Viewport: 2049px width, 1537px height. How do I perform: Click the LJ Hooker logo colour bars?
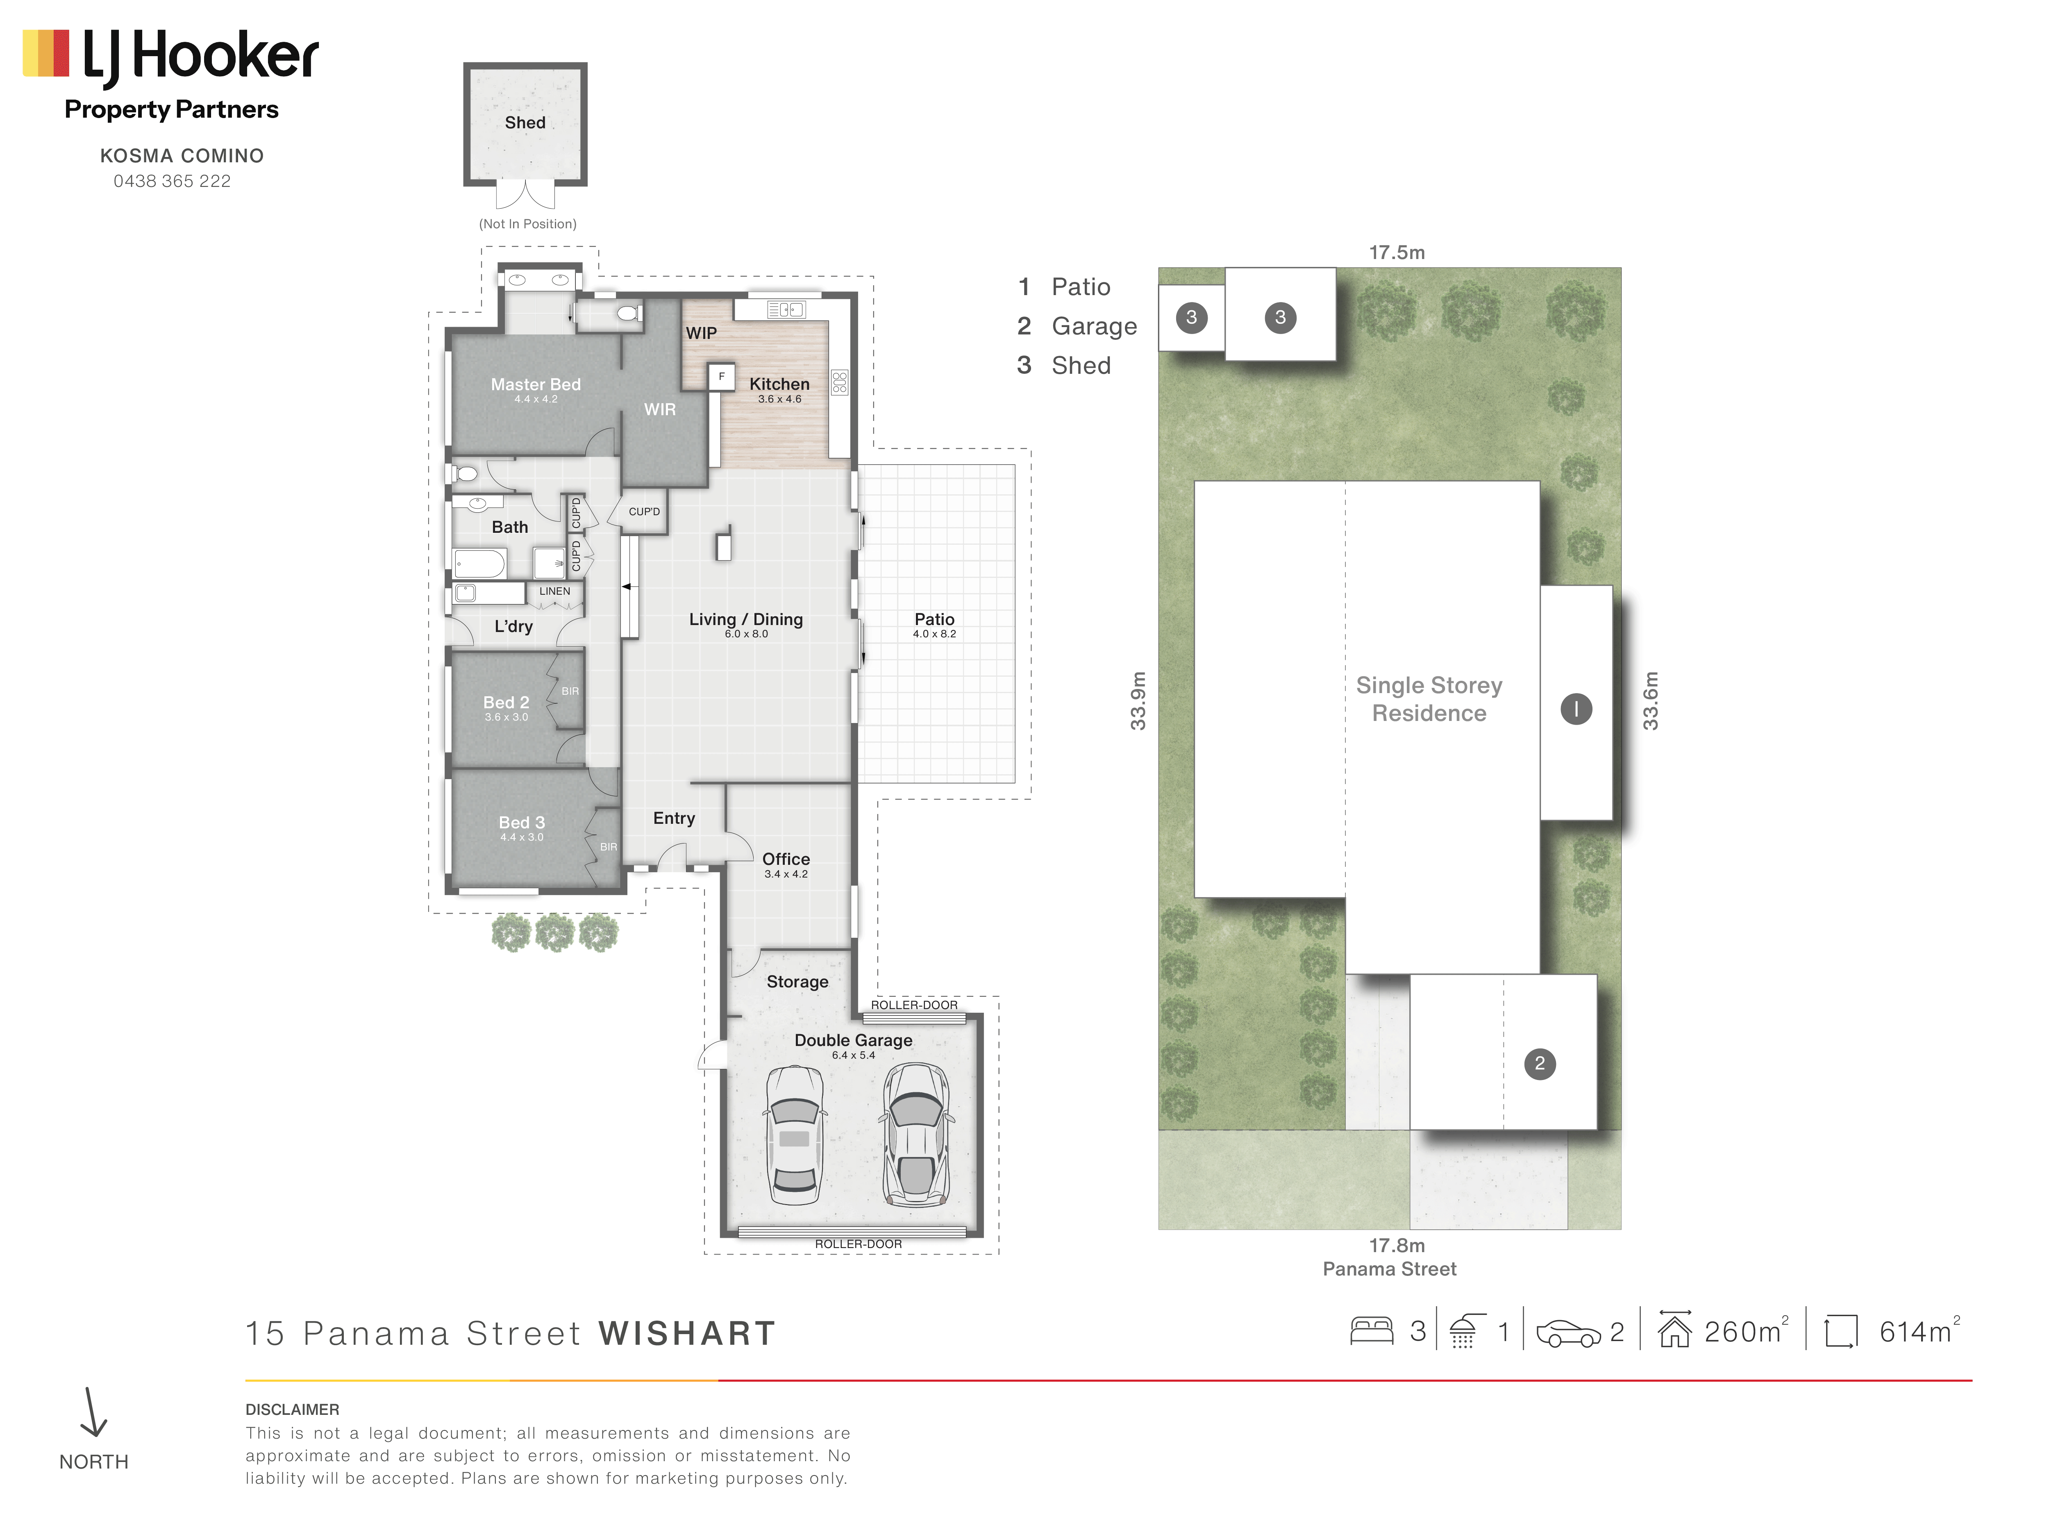(x=46, y=53)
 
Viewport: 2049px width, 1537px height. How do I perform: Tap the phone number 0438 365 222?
(x=172, y=182)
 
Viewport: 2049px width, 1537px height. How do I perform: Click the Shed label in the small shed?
(x=525, y=122)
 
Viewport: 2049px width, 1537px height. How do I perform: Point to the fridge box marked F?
(x=722, y=377)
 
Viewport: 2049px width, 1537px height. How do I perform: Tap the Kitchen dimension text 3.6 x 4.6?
(x=780, y=399)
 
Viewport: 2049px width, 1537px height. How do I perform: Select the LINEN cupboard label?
(x=555, y=591)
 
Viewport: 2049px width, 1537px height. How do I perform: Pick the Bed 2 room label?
(x=506, y=702)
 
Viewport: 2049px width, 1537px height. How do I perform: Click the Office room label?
(x=786, y=859)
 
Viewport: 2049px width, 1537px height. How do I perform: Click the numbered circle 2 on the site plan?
(x=1540, y=1064)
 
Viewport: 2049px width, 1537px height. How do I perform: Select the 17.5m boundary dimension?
(x=1397, y=252)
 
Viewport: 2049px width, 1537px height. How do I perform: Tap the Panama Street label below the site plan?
(x=1390, y=1269)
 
